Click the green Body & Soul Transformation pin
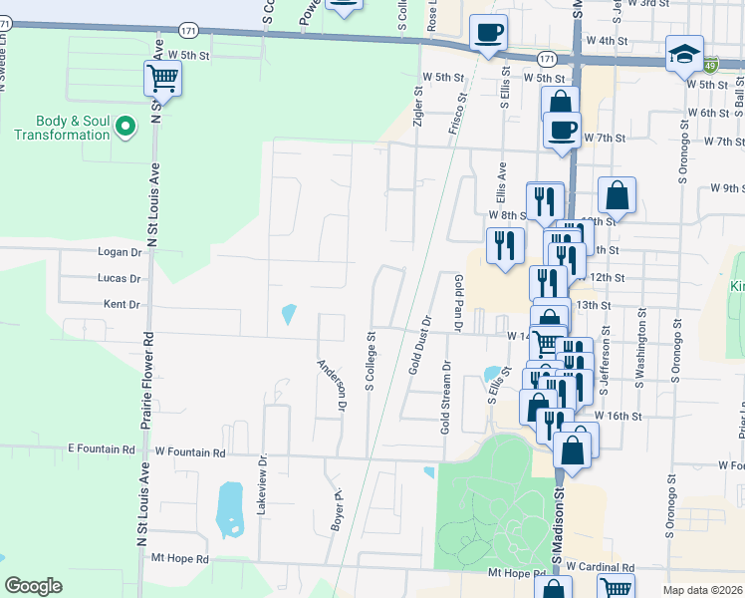(125, 127)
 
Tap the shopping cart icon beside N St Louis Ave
(162, 78)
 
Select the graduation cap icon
(685, 54)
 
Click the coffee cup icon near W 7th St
(562, 130)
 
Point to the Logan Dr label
(119, 253)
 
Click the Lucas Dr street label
(120, 279)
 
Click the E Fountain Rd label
(101, 450)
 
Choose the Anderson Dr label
(332, 387)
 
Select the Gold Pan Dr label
(459, 303)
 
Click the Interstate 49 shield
(710, 66)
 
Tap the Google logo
(33, 586)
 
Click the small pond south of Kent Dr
(289, 315)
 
